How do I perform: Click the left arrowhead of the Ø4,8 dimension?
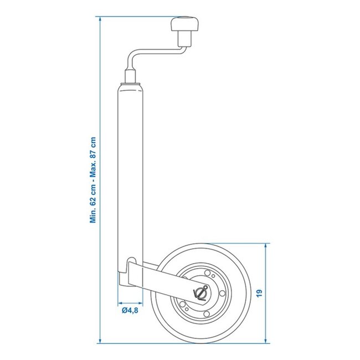(x=120, y=303)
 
